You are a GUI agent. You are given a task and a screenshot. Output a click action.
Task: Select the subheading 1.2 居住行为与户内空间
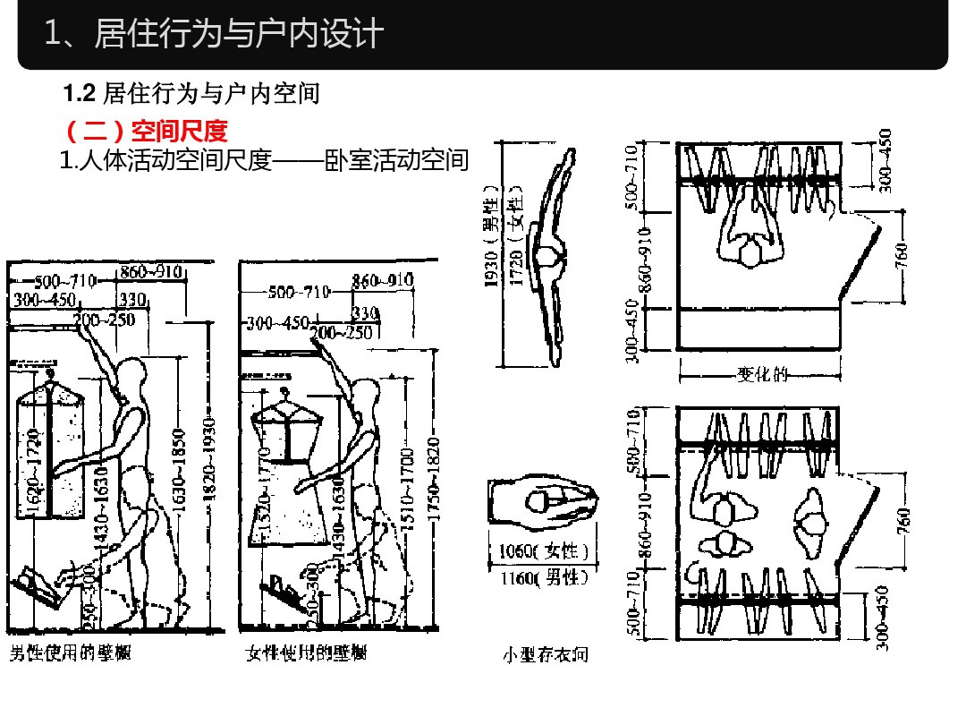click(x=191, y=93)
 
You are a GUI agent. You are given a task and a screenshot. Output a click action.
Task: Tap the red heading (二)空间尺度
click(x=147, y=132)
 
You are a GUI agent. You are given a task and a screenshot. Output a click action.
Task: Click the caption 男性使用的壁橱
click(x=71, y=652)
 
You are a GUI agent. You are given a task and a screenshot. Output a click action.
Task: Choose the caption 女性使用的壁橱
click(x=306, y=652)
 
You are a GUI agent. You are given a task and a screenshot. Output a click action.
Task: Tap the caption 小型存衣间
click(x=545, y=655)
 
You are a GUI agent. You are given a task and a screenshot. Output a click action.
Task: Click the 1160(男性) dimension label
click(x=544, y=578)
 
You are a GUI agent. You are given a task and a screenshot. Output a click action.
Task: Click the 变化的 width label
click(x=761, y=374)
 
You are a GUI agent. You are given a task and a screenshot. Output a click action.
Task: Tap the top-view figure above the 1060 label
click(x=544, y=506)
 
